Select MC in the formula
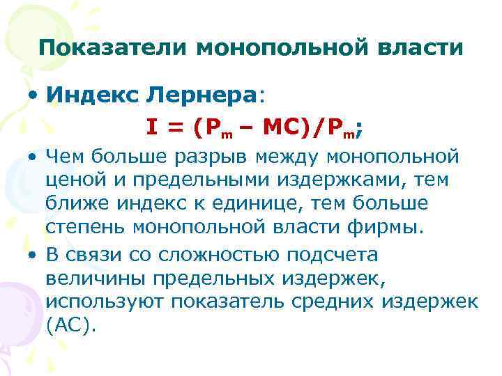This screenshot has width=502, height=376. (x=279, y=127)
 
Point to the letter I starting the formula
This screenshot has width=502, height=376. (x=151, y=127)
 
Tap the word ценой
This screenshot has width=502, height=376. (x=72, y=182)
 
